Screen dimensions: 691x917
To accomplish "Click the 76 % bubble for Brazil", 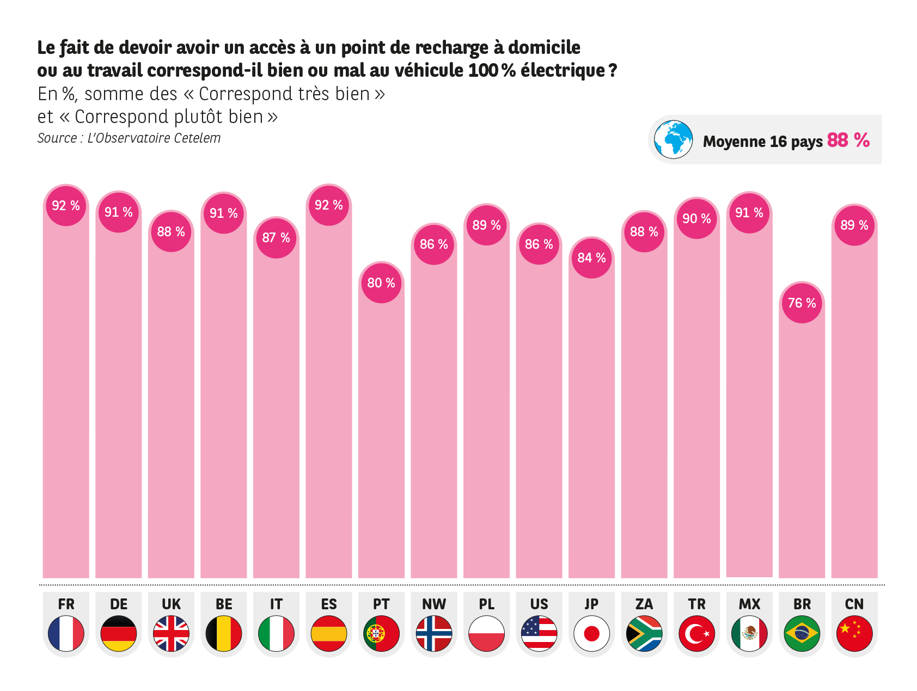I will coord(802,303).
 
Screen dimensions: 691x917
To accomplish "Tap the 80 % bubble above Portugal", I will coord(381,283).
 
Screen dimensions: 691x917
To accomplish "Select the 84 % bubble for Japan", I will coord(591,258).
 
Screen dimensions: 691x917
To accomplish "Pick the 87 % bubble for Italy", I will coord(276,238).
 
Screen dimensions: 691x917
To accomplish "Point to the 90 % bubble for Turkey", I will coord(696,219).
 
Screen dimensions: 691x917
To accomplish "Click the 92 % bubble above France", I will coord(66,206).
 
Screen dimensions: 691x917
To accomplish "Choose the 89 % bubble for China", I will coord(854,225).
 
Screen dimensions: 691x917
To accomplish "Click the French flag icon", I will coord(66,633).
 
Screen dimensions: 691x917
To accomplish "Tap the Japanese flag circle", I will coord(591,633).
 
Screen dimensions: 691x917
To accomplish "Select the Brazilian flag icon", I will coord(802,633).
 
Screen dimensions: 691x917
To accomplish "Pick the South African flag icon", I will coord(644,633).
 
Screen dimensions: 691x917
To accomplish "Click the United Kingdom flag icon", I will coord(171,633).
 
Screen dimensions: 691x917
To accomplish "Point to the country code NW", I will coord(434,604).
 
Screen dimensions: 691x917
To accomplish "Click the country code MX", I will coord(749,604).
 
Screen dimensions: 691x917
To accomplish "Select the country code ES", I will coord(329,604).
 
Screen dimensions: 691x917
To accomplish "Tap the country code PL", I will coord(486,604).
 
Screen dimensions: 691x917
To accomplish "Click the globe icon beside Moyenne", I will coord(673,139).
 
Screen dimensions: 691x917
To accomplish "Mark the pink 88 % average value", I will coord(848,140).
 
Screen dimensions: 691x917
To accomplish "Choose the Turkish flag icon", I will coord(696,633).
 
